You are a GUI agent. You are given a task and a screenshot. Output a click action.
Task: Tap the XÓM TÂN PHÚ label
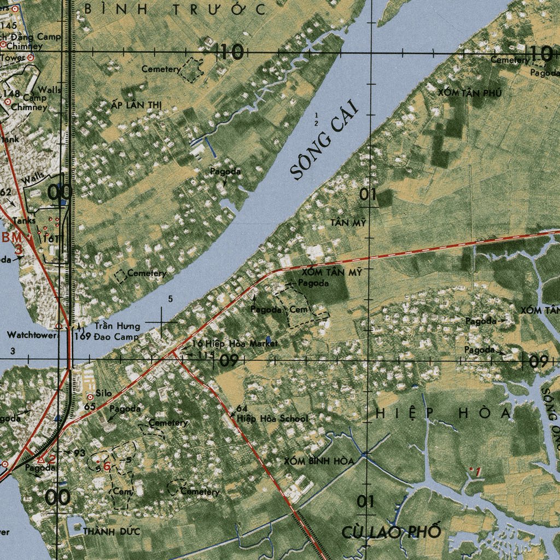tap(469, 93)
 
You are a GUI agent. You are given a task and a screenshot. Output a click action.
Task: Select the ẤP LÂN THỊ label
tap(136, 105)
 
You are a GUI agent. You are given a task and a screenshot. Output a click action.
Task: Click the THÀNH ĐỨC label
tap(112, 531)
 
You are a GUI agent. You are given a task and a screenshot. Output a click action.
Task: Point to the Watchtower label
tap(32, 335)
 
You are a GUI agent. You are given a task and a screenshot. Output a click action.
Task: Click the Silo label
tap(103, 393)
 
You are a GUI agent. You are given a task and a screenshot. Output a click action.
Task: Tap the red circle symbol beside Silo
tap(90, 397)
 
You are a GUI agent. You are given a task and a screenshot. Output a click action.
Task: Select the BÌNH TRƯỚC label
tap(175, 9)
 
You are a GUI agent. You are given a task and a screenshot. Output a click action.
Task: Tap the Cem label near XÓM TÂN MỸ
tap(299, 310)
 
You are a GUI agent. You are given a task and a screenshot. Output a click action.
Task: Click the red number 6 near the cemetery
tap(107, 466)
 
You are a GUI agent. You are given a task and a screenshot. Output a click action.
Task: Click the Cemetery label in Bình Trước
tap(161, 69)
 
